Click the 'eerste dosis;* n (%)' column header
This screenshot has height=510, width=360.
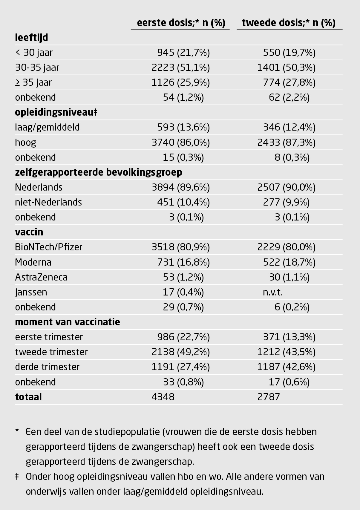pos(181,23)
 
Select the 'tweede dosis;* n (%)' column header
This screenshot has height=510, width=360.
pos(289,23)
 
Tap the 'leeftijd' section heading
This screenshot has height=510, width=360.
pos(31,38)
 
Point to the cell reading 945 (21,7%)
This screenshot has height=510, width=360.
pos(183,53)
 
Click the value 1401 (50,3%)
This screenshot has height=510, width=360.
pos(286,68)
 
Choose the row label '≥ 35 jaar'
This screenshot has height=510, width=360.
pos(33,82)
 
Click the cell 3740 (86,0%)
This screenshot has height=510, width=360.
pos(180,143)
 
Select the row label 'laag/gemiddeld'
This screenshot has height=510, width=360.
pos(47,127)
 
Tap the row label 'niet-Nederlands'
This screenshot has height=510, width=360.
pos(48,202)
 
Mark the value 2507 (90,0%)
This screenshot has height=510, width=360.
pos(286,187)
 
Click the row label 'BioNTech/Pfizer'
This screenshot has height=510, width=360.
pos(48,247)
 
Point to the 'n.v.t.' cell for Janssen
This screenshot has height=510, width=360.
pos(273,292)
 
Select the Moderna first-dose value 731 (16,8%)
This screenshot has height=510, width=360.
pos(183,262)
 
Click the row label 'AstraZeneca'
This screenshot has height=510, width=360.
pos(41,277)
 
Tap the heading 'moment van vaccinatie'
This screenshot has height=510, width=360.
pos(68,322)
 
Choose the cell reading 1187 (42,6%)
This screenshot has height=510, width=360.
pos(286,367)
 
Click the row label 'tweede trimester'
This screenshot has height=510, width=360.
pos(51,352)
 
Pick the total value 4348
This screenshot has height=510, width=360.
pos(163,397)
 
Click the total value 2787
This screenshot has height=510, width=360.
pos(269,397)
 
